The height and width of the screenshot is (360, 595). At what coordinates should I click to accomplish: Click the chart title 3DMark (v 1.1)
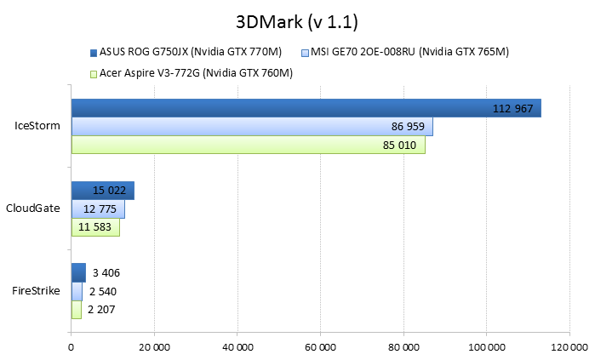[297, 20]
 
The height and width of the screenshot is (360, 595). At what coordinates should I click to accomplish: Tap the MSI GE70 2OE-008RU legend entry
[411, 52]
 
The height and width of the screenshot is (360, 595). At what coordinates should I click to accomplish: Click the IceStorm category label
[37, 126]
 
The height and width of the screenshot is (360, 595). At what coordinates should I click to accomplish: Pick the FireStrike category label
[36, 290]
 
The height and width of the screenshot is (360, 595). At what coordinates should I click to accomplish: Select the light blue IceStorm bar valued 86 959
[251, 126]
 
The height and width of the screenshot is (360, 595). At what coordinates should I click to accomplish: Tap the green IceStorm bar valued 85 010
[247, 145]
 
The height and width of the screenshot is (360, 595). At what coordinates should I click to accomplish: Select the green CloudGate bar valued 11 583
[94, 227]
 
